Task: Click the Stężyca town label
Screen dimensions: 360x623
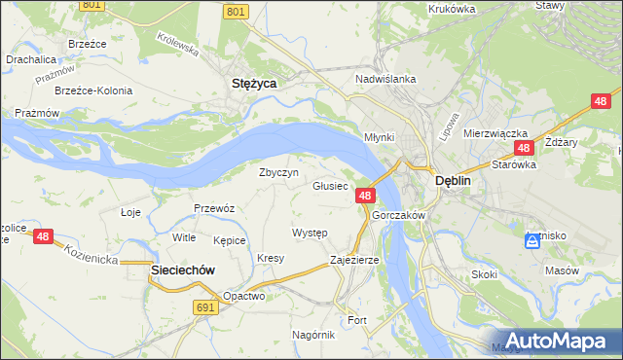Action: click(x=253, y=84)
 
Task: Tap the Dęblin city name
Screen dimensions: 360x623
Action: click(x=453, y=181)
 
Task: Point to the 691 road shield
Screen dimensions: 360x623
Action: click(x=204, y=306)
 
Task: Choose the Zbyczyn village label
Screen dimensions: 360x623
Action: click(x=276, y=171)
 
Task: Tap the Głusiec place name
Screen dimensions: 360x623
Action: click(x=330, y=185)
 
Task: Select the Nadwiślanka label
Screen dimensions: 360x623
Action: click(x=385, y=79)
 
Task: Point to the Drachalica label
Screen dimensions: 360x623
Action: click(x=30, y=59)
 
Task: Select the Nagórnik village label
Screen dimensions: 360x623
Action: click(x=313, y=334)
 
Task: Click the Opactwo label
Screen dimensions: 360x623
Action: click(x=243, y=296)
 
